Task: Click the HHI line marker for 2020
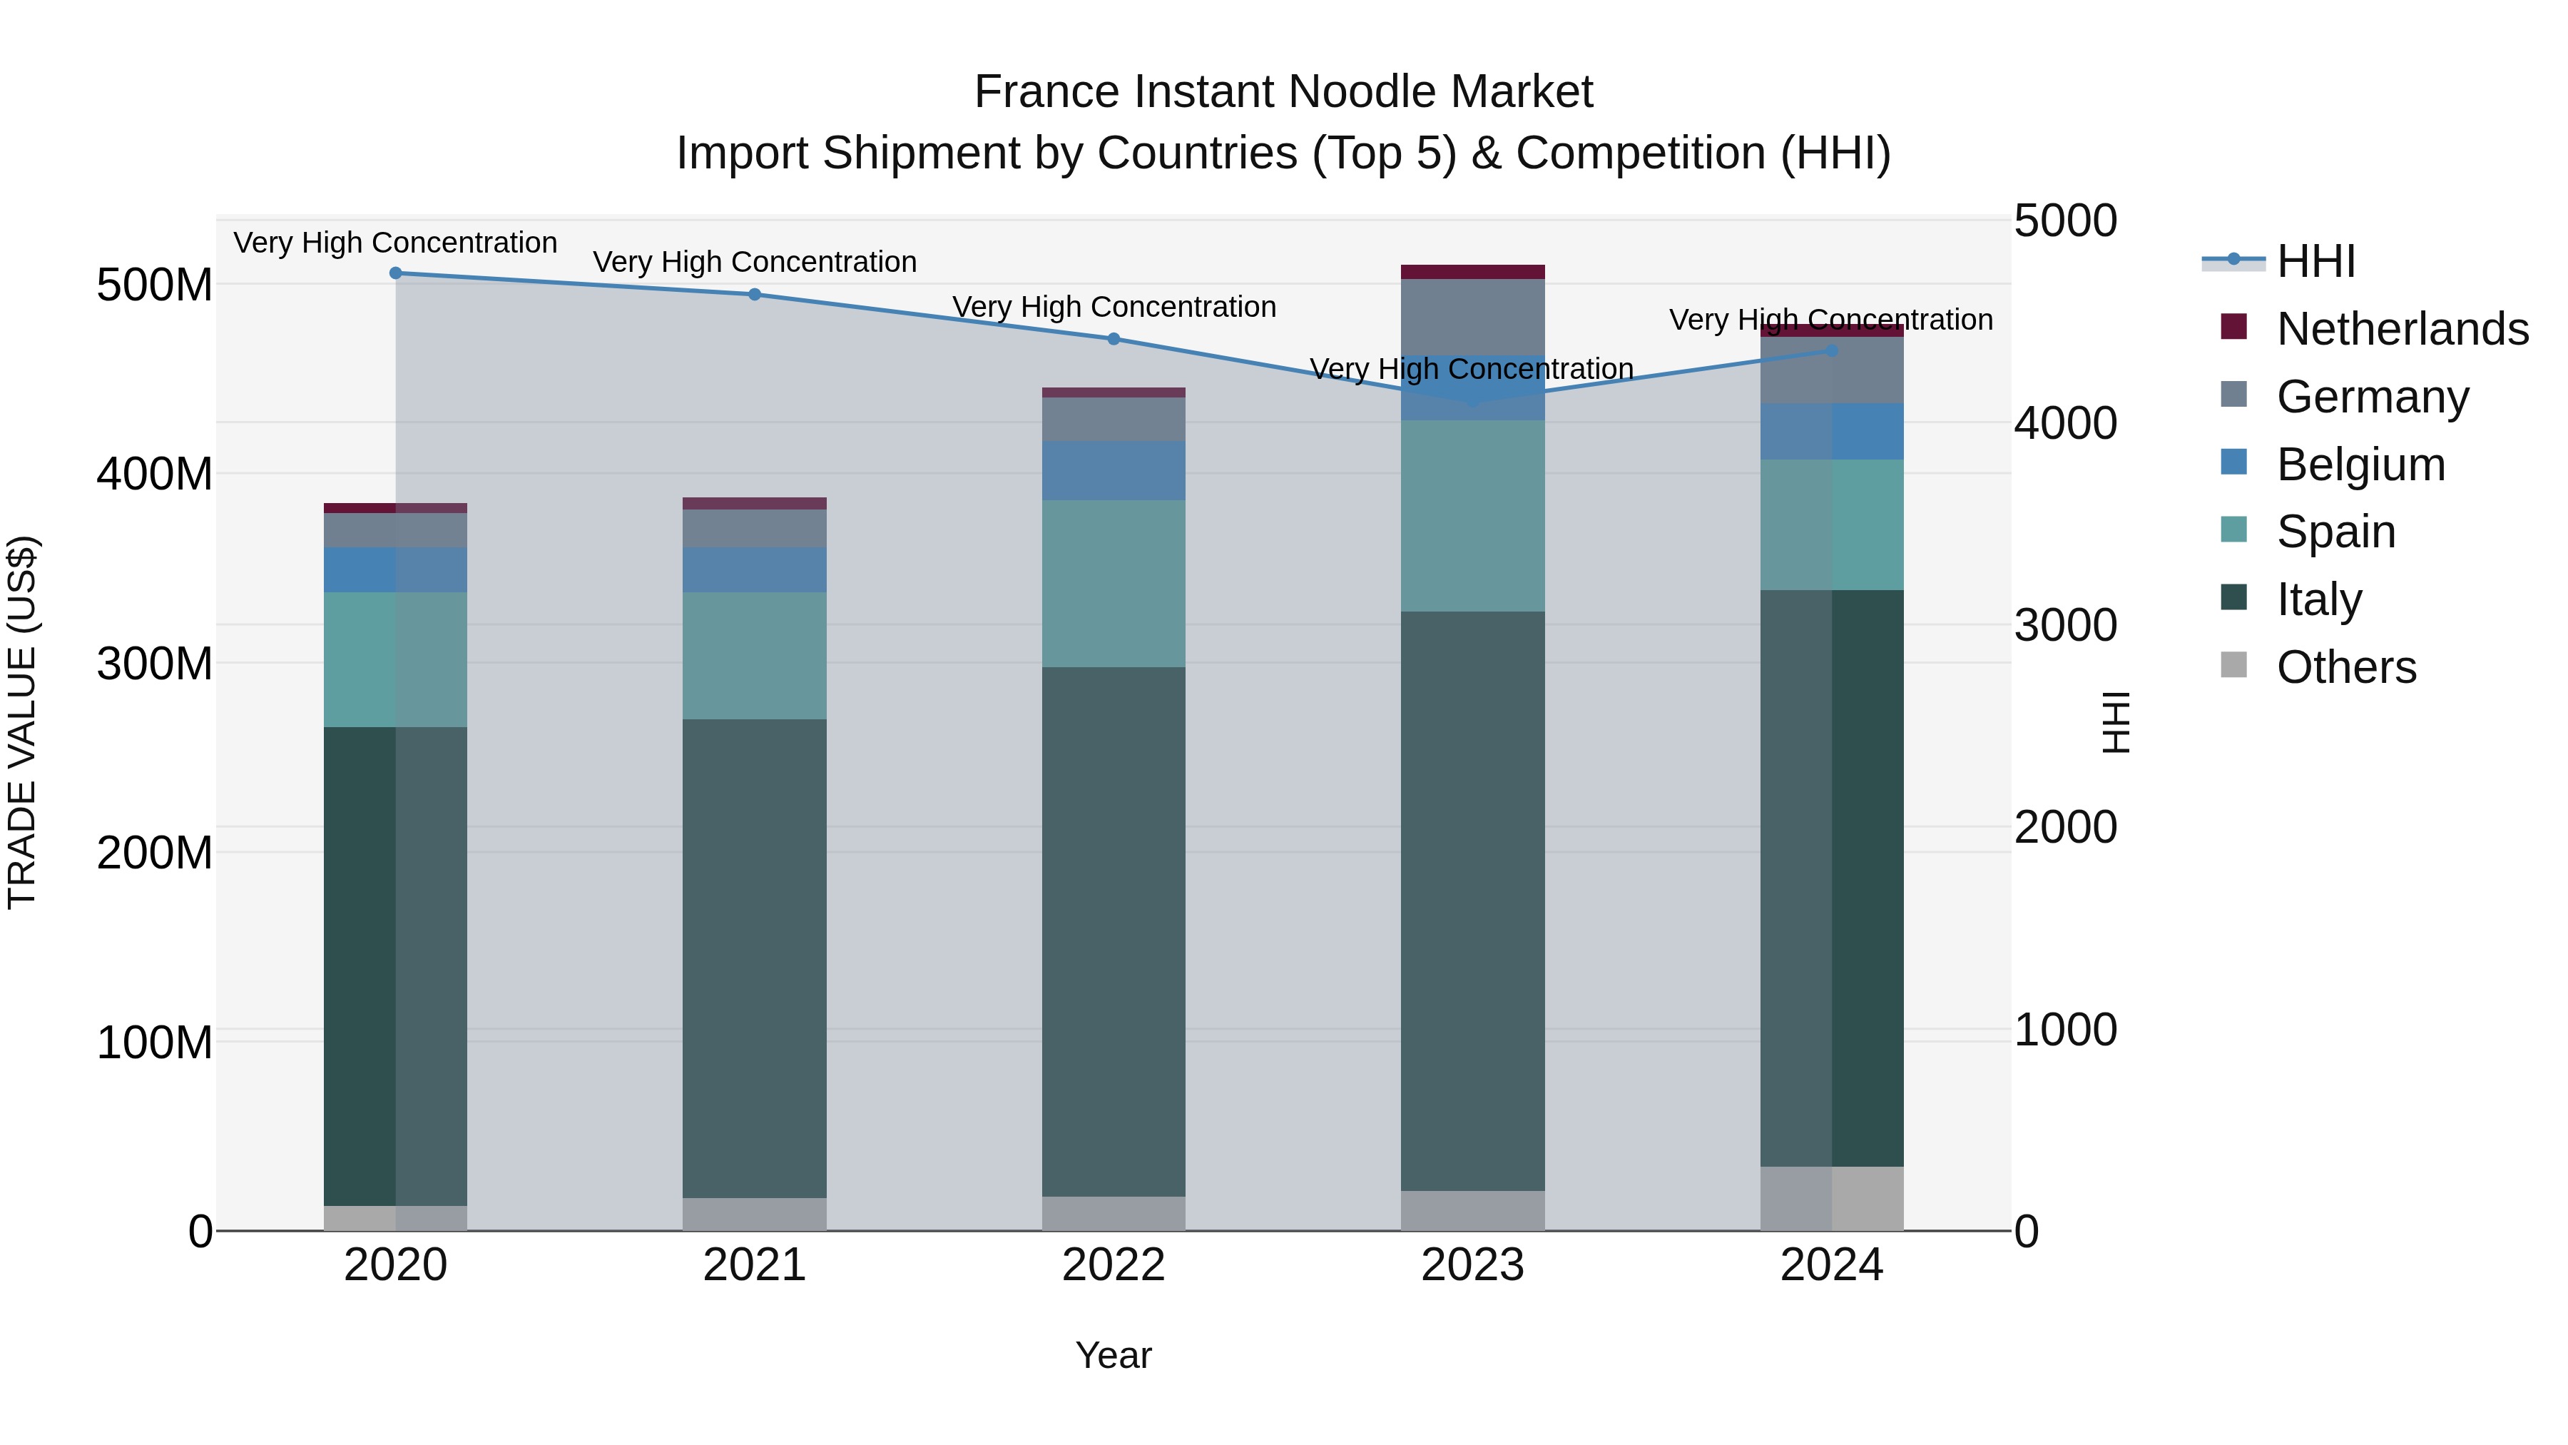pos(396,273)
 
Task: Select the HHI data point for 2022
pos(1114,339)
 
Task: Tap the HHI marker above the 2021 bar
pos(755,294)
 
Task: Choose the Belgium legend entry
pos(2360,465)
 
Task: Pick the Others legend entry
pos(2345,667)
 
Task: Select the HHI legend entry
pos(2315,261)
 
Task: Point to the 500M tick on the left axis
pos(155,286)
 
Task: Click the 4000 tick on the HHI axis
pos(2064,423)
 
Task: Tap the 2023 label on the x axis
pos(1472,1265)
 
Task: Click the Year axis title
pos(1114,1355)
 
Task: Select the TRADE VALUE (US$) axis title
pos(22,722)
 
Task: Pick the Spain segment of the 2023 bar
pos(1472,516)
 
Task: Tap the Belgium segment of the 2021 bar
pos(755,569)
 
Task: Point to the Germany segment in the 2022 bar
pos(1114,420)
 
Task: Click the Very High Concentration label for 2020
pos(396,243)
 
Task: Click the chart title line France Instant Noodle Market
pos(1283,92)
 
